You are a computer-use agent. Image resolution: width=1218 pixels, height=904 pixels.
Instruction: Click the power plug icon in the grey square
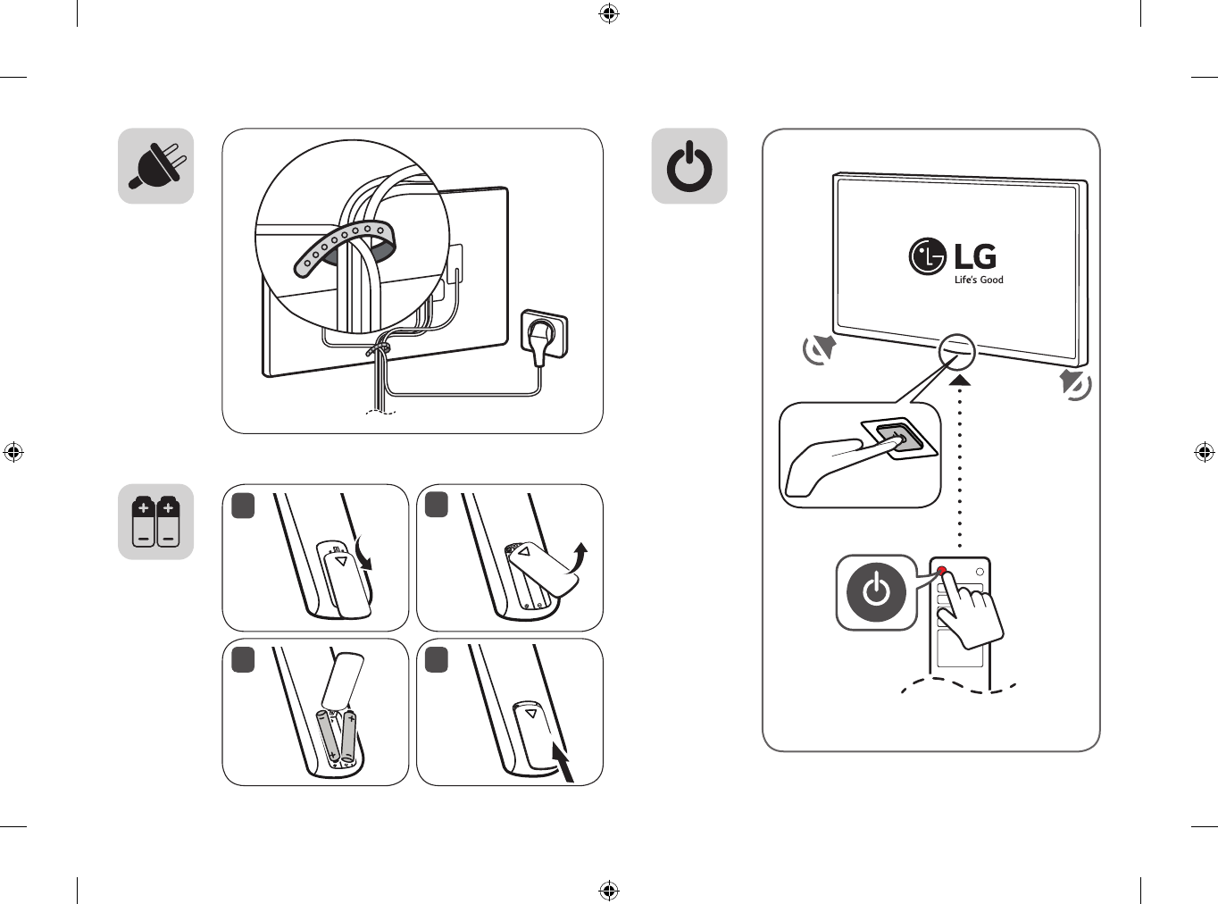pos(155,166)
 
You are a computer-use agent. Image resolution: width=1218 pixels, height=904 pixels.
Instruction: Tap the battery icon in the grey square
pos(155,522)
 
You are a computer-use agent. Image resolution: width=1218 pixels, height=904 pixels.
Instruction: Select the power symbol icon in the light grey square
pos(689,166)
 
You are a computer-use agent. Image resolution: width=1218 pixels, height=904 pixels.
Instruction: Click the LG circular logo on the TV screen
pos(928,256)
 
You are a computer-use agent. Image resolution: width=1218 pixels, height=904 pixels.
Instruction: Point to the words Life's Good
pos(979,280)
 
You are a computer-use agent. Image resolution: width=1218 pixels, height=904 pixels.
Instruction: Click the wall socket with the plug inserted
pos(544,334)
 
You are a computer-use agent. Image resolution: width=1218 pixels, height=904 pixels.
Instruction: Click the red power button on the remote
pos(942,571)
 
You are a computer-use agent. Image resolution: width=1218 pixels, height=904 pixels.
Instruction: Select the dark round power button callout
pos(876,592)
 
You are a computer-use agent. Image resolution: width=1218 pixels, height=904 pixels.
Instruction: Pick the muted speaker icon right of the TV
pos(1075,384)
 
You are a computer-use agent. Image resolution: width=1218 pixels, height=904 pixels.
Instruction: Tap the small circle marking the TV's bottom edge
pos(956,351)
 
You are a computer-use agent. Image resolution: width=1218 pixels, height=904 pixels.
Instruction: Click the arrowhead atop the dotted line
pos(959,380)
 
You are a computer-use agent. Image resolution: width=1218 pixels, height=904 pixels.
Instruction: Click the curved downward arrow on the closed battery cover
pos(363,554)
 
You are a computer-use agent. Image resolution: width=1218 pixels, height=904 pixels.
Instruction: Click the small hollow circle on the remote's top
pos(980,572)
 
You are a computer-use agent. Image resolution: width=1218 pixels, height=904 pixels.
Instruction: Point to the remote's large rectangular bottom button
pos(960,649)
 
